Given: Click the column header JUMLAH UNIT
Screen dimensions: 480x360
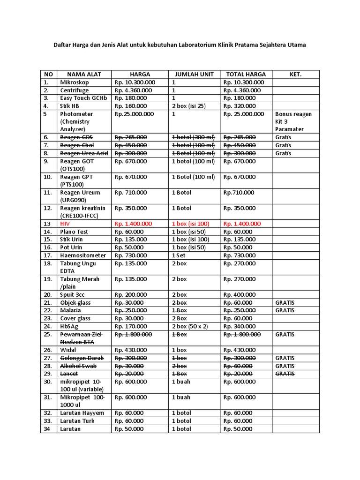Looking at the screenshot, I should [x=194, y=74].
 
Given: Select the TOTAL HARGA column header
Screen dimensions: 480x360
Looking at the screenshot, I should [x=246, y=74].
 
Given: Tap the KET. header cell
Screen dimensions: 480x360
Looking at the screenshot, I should [x=295, y=74].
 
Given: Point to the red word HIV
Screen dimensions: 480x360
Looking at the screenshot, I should [x=64, y=224].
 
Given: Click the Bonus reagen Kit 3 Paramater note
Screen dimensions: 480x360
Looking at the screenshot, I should [x=293, y=121].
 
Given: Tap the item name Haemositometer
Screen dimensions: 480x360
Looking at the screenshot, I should [x=83, y=255].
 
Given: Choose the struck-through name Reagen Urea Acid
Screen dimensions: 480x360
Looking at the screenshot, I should [x=84, y=153].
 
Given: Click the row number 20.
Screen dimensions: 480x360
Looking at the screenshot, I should [x=47, y=295].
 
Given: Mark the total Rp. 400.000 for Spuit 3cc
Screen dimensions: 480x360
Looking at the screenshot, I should [x=240, y=295].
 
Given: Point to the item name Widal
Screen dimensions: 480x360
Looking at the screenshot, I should [x=68, y=350].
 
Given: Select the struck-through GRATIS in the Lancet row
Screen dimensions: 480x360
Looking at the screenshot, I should [x=285, y=374].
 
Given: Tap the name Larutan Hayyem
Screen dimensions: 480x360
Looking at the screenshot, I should [x=82, y=413].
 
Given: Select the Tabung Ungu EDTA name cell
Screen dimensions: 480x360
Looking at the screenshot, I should [x=78, y=267].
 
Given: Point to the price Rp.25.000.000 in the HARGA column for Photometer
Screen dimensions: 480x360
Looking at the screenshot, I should [x=134, y=114].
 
